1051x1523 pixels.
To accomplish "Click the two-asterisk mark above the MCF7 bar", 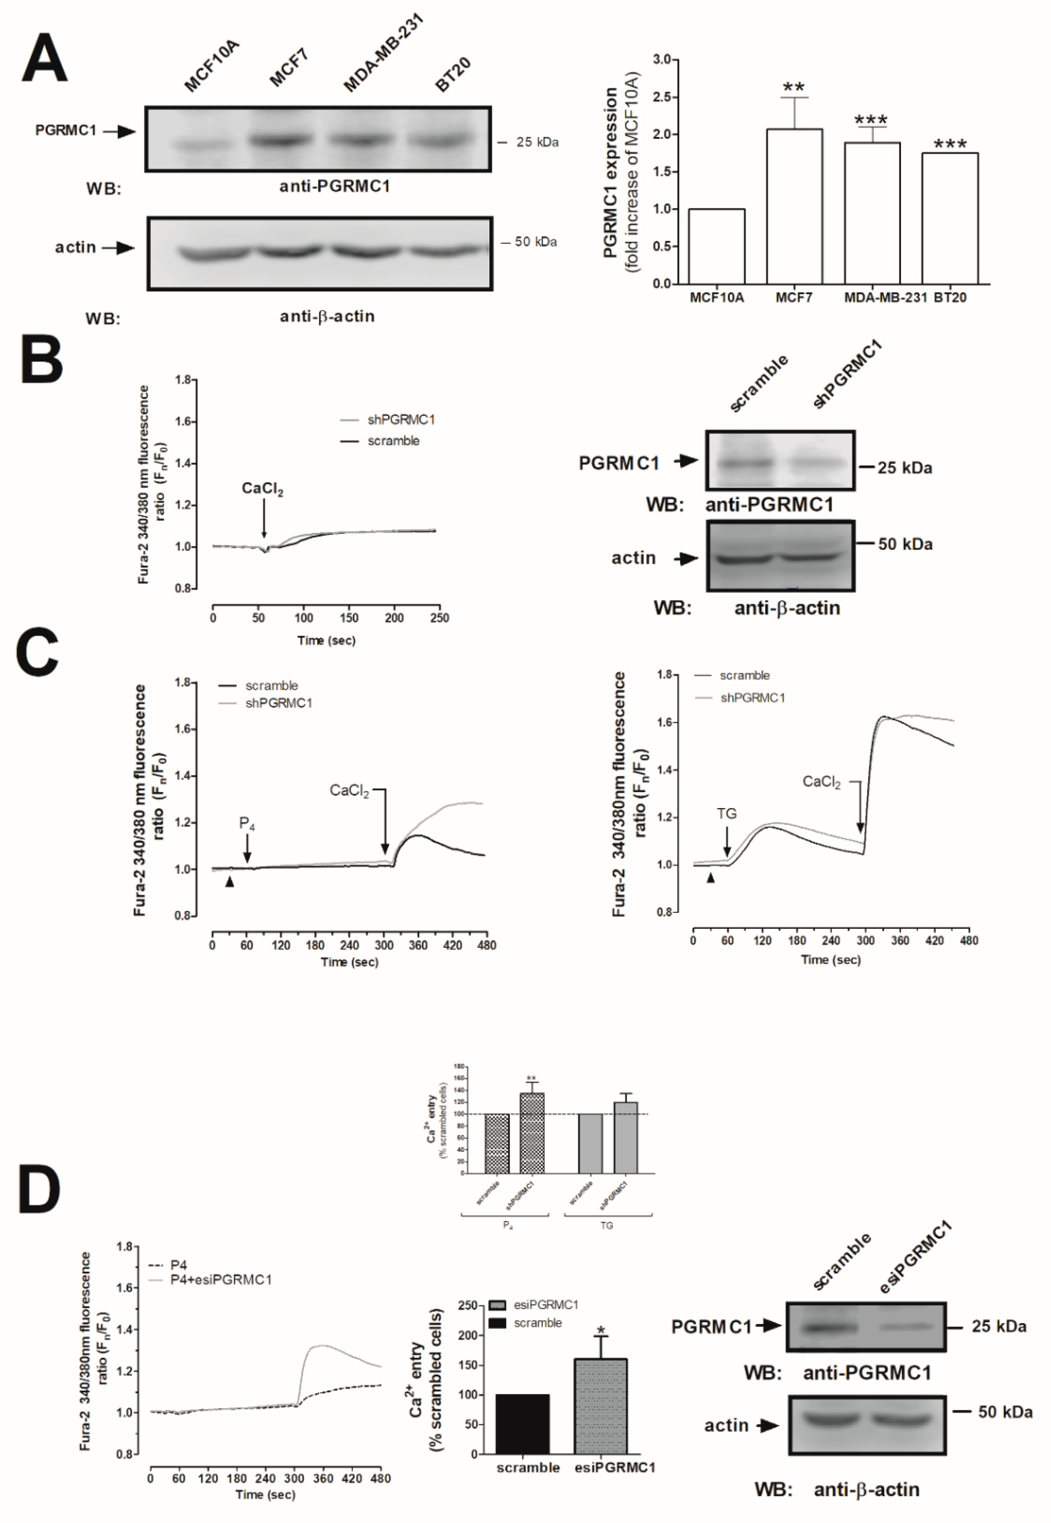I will pyautogui.click(x=793, y=88).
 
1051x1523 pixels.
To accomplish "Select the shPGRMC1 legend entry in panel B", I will pyautogui.click(x=400, y=419).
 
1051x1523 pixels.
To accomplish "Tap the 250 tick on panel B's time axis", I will pyautogui.click(x=439, y=618).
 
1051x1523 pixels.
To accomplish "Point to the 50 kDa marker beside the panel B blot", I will pyautogui.click(x=905, y=544).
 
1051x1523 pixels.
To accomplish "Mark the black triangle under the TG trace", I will pyautogui.click(x=710, y=878).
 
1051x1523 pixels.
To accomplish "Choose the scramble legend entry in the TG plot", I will pyautogui.click(x=744, y=675).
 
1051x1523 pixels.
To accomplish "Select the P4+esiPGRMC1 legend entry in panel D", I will pyautogui.click(x=221, y=1280).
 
